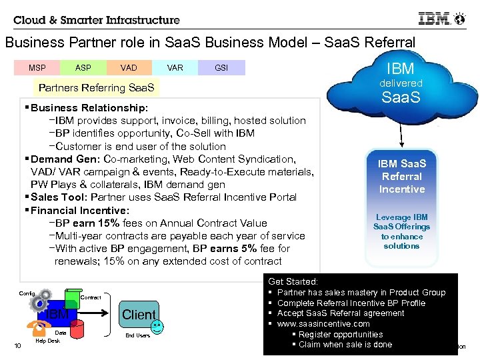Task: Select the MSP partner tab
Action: (x=37, y=68)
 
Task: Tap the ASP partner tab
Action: (x=83, y=68)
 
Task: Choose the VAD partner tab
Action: (x=129, y=68)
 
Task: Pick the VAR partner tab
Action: (x=175, y=68)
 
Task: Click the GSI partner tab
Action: (x=221, y=68)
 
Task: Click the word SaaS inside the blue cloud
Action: (x=401, y=99)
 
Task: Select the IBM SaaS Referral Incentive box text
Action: (x=401, y=176)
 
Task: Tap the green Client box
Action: (x=139, y=314)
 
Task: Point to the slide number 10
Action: (x=17, y=345)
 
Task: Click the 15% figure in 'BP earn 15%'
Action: (x=105, y=223)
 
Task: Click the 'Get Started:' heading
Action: (x=293, y=282)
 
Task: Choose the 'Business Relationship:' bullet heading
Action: (x=89, y=108)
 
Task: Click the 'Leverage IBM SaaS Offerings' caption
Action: (x=401, y=231)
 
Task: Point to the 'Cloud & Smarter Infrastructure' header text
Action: (x=97, y=20)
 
